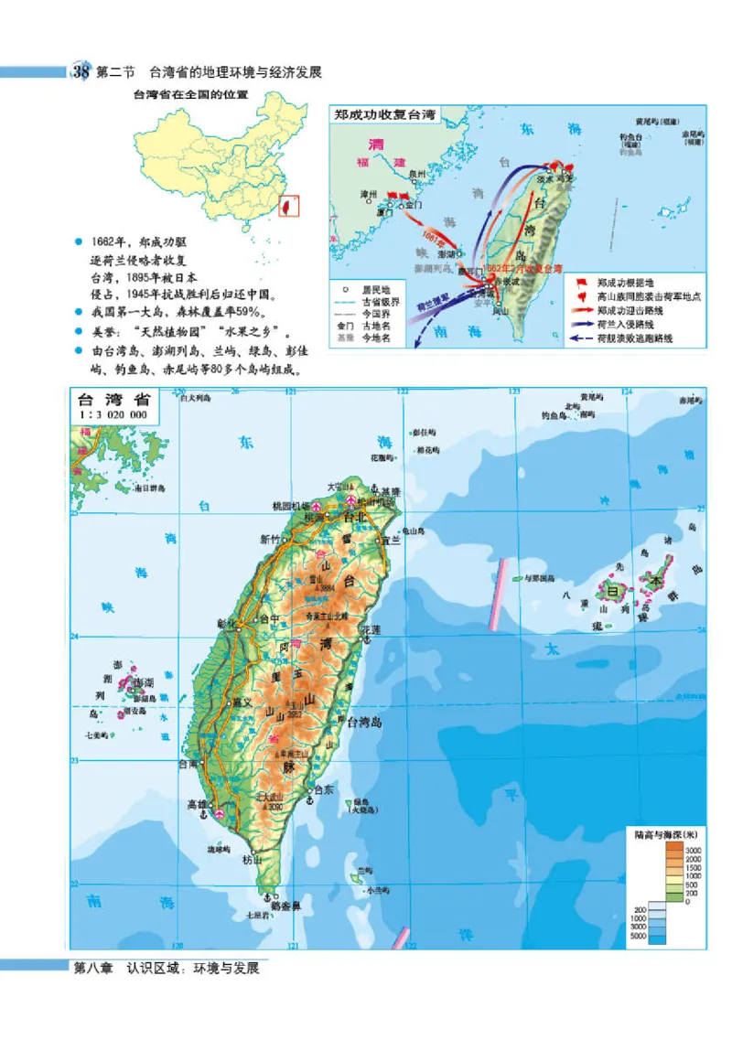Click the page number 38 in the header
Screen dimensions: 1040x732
[x=81, y=72]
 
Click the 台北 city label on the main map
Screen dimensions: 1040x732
[x=352, y=517]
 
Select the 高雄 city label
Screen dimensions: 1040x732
[x=198, y=805]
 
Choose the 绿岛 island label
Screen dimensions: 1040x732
[x=360, y=802]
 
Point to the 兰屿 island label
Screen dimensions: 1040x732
[x=366, y=870]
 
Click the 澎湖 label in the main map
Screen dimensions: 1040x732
[x=143, y=683]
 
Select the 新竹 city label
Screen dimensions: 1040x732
[x=270, y=538]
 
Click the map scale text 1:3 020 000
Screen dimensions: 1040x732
[x=114, y=414]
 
